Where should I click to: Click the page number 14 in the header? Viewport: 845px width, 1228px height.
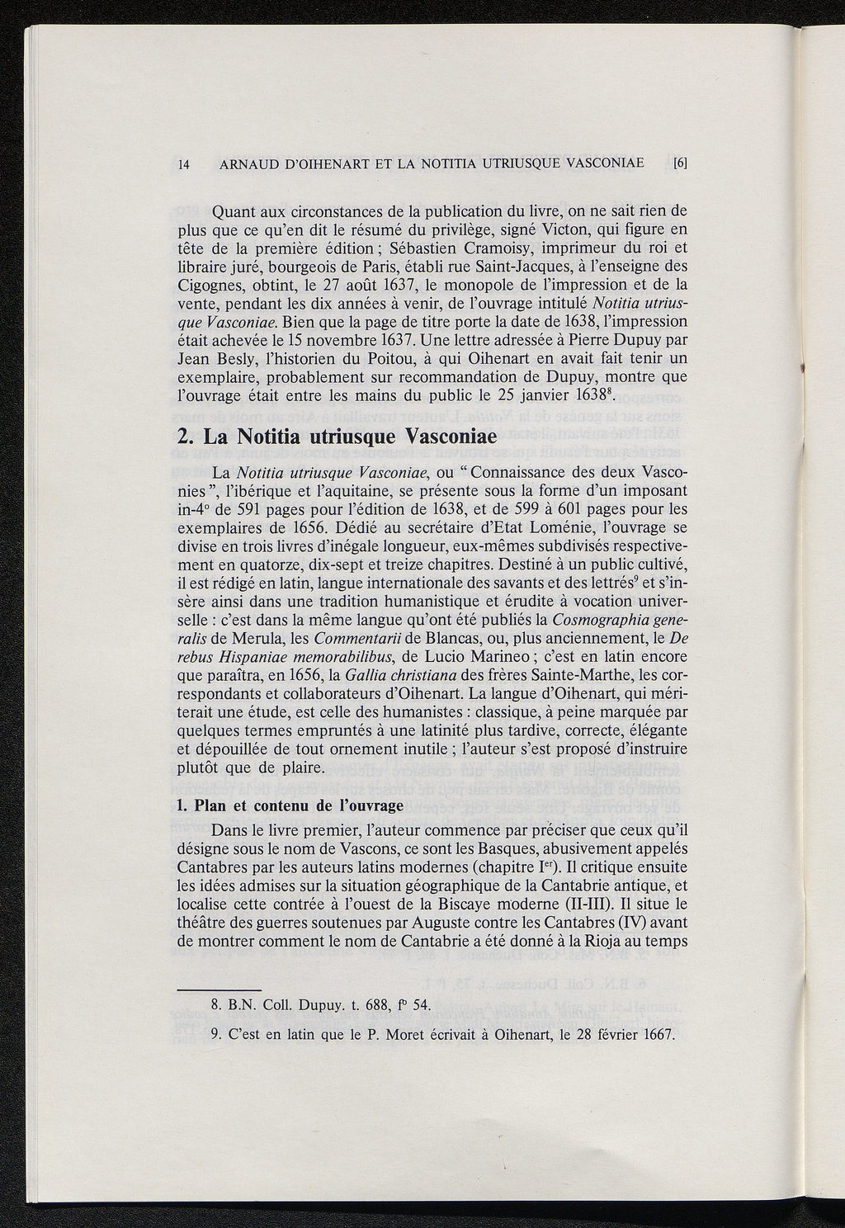click(184, 163)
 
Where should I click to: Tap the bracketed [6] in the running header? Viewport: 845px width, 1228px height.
click(681, 163)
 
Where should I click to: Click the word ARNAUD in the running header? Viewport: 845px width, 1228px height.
click(248, 163)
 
